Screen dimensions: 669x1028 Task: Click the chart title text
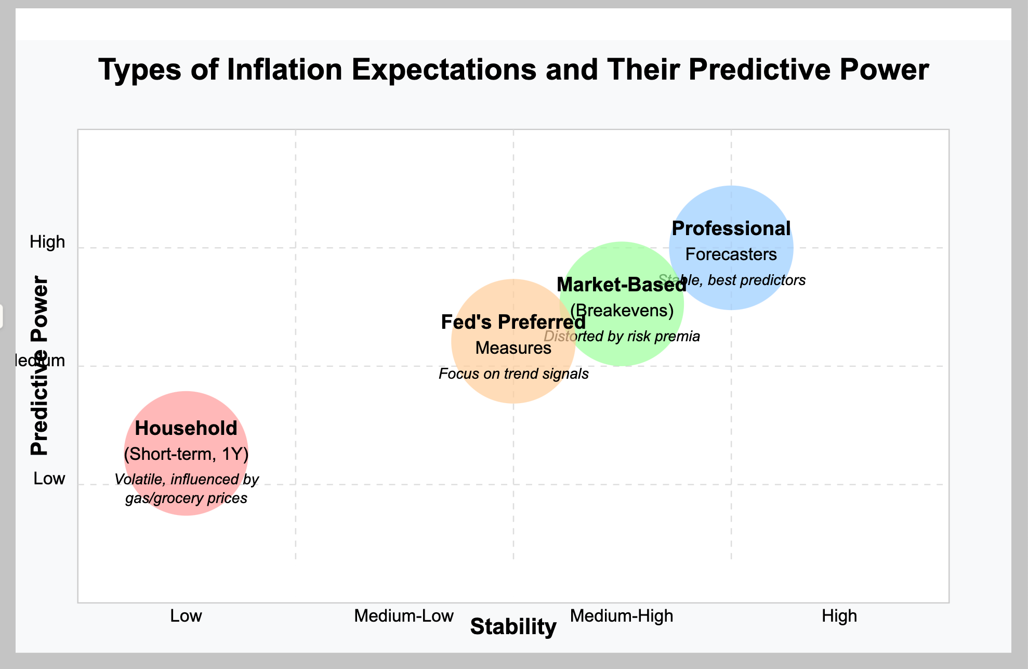pos(513,70)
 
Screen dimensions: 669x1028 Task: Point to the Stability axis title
pos(513,627)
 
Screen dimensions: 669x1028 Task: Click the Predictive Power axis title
pos(39,366)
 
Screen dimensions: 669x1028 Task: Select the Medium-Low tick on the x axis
pos(404,616)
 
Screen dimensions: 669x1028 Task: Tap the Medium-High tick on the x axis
pos(622,616)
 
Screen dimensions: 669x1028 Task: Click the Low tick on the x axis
pos(186,616)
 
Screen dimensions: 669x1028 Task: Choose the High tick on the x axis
pos(839,616)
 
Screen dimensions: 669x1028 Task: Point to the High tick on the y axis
pos(47,242)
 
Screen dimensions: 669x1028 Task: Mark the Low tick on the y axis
pos(49,479)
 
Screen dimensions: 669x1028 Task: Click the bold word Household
pos(186,428)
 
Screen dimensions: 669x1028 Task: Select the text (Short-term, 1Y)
pos(186,454)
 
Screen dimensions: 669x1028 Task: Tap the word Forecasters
pos(731,254)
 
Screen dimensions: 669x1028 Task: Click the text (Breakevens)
pos(622,311)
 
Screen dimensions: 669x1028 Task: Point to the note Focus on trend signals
pos(513,374)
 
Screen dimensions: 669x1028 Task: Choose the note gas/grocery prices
pos(186,498)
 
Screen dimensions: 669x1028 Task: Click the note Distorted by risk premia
pos(622,336)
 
